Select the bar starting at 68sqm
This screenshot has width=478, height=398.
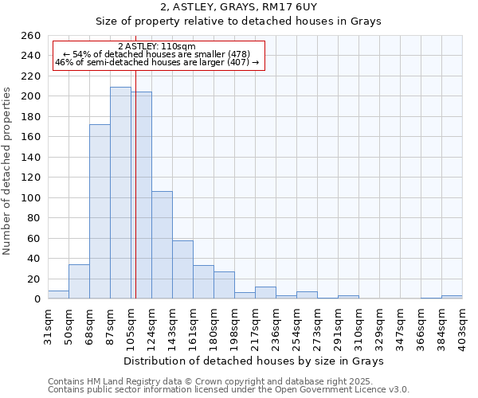point(100,211)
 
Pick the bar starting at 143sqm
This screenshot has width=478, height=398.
point(182,269)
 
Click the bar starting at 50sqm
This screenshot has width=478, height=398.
point(79,282)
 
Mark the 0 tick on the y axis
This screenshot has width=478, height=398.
point(37,298)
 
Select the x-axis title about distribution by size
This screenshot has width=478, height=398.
point(254,361)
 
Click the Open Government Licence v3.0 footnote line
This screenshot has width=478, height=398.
point(228,389)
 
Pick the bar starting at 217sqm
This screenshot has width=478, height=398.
point(265,293)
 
